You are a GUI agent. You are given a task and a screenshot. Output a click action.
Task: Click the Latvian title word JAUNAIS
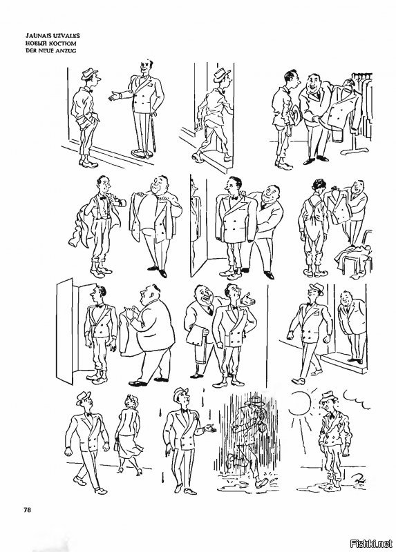click(37, 36)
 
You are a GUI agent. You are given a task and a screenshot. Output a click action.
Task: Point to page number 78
click(27, 509)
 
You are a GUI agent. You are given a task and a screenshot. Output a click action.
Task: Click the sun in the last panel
click(299, 404)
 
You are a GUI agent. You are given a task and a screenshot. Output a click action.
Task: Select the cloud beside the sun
click(356, 401)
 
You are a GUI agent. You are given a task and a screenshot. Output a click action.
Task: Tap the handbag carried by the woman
click(117, 444)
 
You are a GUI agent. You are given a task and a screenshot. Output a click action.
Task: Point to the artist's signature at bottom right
click(359, 480)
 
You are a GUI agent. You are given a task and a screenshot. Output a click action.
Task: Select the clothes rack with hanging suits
click(358, 112)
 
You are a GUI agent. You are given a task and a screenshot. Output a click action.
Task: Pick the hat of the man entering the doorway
click(222, 75)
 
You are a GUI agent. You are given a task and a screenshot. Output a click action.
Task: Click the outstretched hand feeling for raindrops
click(209, 428)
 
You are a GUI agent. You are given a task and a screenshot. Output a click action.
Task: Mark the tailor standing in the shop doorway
click(352, 326)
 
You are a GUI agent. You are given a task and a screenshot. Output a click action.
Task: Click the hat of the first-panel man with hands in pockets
click(89, 73)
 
